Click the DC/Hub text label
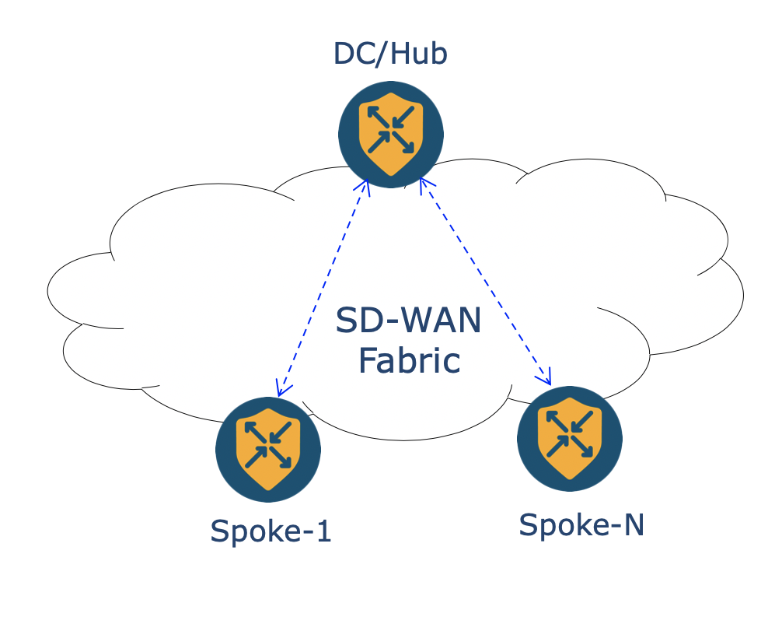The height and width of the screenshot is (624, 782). coord(390,54)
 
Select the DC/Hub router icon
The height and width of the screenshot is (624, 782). coord(391,135)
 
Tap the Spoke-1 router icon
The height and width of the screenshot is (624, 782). coord(268,449)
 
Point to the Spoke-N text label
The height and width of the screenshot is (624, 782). coord(581,525)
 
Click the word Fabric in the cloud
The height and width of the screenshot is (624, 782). coord(409,361)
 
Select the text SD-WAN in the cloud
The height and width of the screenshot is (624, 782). coord(409,321)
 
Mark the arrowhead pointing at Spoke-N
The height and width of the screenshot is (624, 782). coord(546,380)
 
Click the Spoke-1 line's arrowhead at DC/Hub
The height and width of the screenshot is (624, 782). coord(363,186)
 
